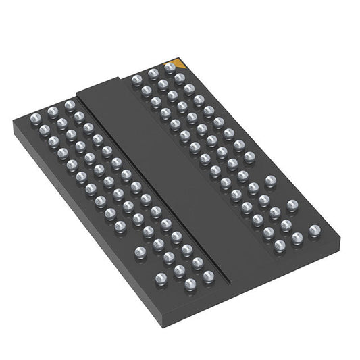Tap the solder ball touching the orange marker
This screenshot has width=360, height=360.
click(x=170, y=68)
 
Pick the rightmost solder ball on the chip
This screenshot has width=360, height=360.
click(x=314, y=230)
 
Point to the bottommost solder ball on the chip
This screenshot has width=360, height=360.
click(x=190, y=284)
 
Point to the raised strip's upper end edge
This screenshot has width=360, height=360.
click(x=101, y=87)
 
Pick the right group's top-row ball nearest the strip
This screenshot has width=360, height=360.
click(x=136, y=80)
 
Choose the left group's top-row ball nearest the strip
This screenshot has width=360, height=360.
click(x=70, y=105)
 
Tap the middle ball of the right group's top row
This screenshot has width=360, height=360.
click(x=153, y=74)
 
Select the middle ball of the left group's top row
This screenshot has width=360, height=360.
click(x=52, y=109)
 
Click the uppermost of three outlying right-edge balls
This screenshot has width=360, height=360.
click(x=271, y=181)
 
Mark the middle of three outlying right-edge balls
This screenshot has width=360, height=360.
click(x=292, y=205)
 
